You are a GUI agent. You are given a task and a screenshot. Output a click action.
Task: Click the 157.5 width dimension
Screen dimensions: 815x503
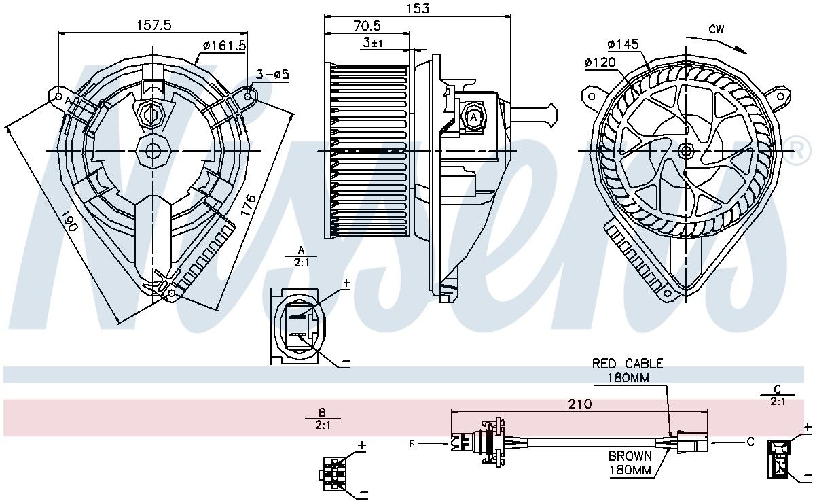154,24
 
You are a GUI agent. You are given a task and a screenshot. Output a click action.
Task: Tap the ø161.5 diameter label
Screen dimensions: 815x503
225,46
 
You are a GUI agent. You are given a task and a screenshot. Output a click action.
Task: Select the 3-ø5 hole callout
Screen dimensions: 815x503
272,75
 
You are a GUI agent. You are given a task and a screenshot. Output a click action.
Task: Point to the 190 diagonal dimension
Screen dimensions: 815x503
69,221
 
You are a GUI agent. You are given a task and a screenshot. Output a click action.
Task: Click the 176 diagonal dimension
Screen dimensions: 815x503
248,205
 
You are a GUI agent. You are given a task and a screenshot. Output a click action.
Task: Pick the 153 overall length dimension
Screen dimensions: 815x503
417,8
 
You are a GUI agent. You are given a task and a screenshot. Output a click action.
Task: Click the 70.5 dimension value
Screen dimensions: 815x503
367,26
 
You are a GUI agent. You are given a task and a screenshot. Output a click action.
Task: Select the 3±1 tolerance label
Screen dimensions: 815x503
373,43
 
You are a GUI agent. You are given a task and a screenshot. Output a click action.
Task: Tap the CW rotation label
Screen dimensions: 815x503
716,29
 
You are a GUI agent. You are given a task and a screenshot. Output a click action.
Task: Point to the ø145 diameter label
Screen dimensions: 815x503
623,44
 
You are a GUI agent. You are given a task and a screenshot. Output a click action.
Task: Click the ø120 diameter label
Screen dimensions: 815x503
600,63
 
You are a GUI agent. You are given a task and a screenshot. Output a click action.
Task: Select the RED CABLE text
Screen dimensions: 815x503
628,364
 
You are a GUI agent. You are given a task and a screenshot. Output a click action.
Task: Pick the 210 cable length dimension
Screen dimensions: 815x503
580,404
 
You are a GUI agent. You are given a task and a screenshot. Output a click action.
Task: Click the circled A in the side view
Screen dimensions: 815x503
473,118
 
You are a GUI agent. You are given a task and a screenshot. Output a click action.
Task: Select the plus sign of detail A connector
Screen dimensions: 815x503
346,283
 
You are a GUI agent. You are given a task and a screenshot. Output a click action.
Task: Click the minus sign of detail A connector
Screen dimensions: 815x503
346,362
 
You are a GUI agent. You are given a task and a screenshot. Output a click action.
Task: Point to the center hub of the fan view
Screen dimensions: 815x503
686,150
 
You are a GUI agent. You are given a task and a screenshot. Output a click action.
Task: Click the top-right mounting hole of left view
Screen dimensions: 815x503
248,96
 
